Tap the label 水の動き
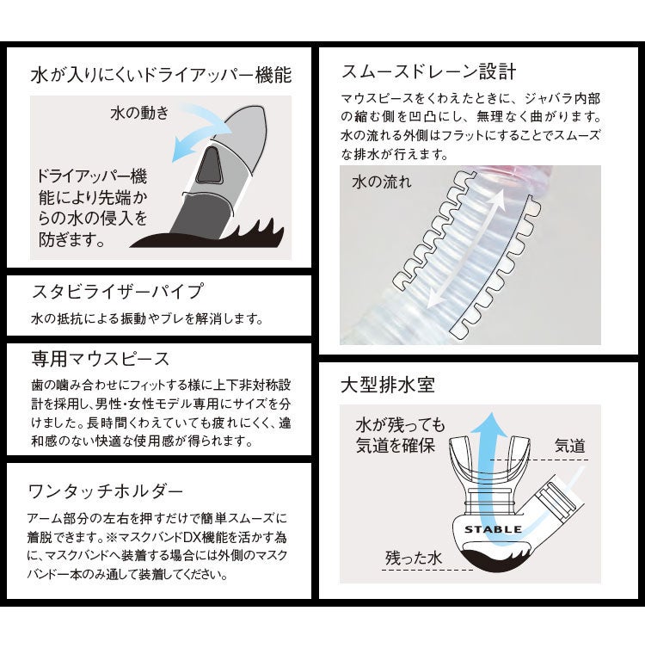pyautogui.click(x=139, y=113)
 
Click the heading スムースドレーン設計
pyautogui.click(x=428, y=70)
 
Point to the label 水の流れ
pyautogui.click(x=382, y=182)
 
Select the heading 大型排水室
pyautogui.click(x=388, y=384)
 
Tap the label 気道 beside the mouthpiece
pyautogui.click(x=569, y=445)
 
